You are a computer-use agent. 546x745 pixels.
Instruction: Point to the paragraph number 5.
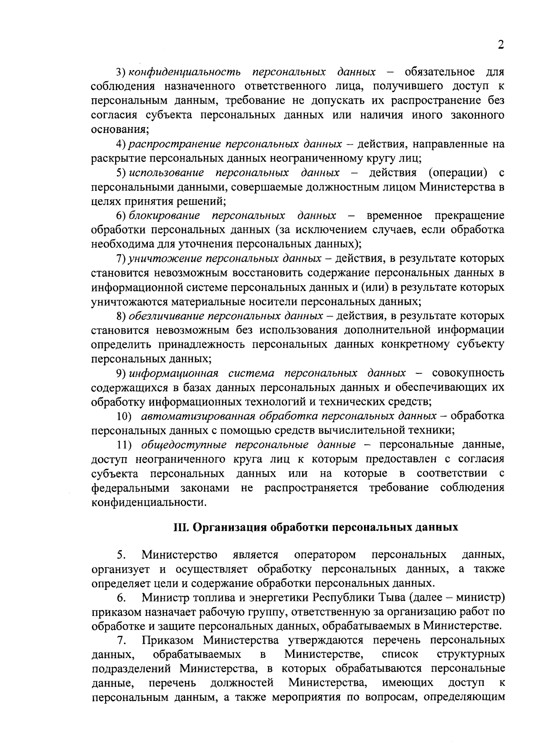(x=121, y=555)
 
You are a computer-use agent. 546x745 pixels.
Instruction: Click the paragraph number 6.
(x=121, y=597)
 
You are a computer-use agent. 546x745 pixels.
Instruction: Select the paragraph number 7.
(x=121, y=640)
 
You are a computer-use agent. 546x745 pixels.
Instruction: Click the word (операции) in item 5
(x=458, y=173)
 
